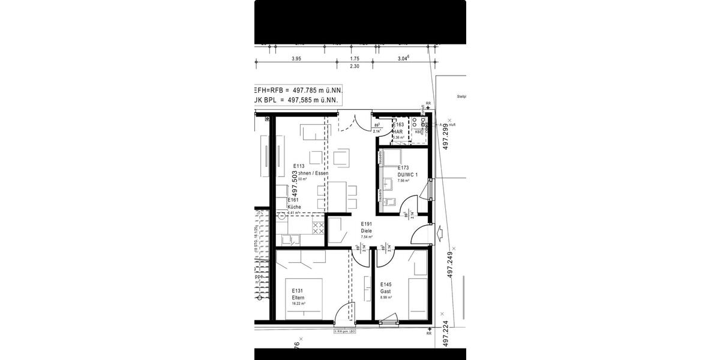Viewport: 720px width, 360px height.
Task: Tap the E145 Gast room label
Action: [x=386, y=287]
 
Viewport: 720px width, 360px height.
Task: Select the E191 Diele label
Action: [x=367, y=227]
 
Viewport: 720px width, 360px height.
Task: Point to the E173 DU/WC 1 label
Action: [x=403, y=171]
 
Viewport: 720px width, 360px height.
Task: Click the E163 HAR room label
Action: [x=401, y=128]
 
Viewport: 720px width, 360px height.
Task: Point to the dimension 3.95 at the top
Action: [x=296, y=59]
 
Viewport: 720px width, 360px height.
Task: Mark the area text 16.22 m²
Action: [x=298, y=304]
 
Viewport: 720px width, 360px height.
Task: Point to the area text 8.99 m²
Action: [x=386, y=297]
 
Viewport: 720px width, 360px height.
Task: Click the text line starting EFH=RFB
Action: [x=299, y=89]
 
